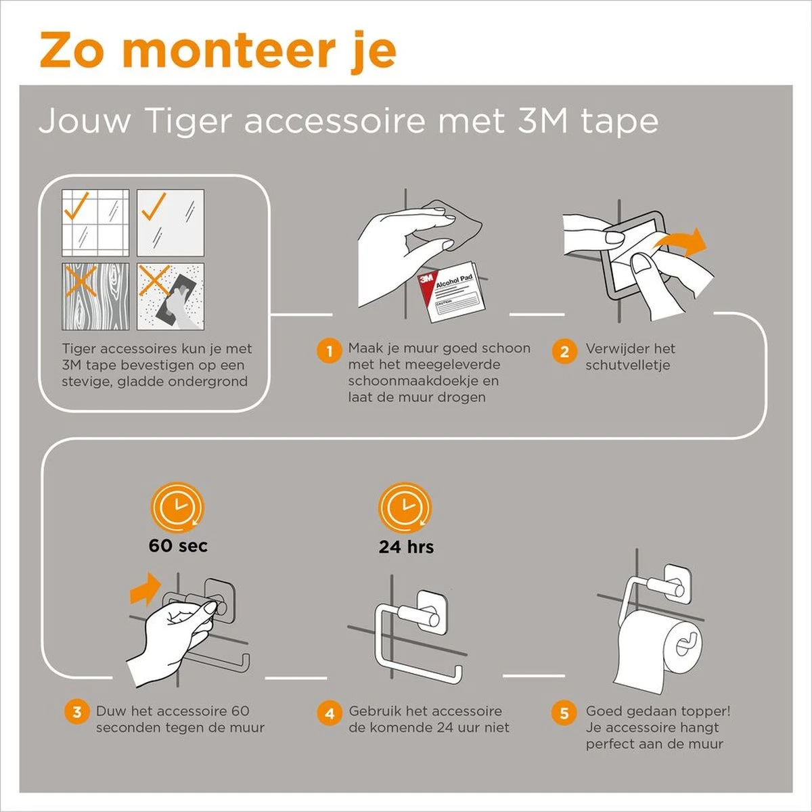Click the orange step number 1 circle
[x=330, y=351]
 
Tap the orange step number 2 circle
[x=564, y=351]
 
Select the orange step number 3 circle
[x=77, y=713]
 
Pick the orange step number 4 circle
[x=330, y=713]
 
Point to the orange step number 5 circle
[x=564, y=713]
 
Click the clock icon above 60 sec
[x=177, y=507]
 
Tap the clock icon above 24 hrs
[x=405, y=507]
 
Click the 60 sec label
[x=178, y=546]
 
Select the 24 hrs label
[x=406, y=547]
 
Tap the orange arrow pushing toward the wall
[x=145, y=590]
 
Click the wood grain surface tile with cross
[x=95, y=296]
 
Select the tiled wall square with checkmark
[x=95, y=223]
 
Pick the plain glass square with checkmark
[x=171, y=223]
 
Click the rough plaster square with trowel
[x=171, y=296]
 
